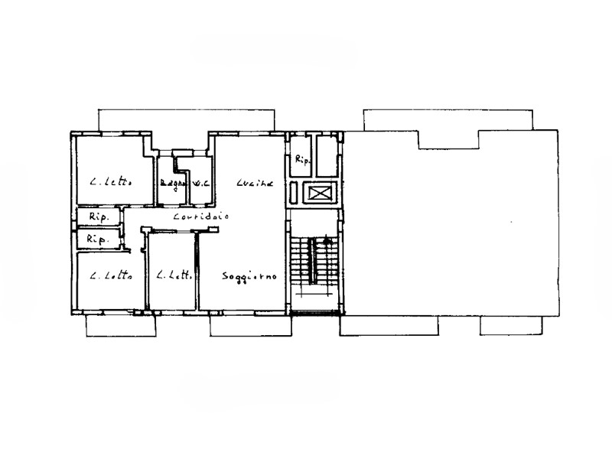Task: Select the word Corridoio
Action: (201, 217)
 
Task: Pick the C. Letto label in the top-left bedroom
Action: (110, 183)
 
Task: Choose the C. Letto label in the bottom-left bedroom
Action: (110, 276)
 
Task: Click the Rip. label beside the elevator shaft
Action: (301, 160)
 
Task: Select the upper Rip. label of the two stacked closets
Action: (99, 216)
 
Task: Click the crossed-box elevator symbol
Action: (319, 193)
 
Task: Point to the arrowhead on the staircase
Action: (327, 242)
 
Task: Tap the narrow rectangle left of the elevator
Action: (297, 194)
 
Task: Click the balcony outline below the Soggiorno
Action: (251, 327)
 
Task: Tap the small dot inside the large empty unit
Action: (512, 223)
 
